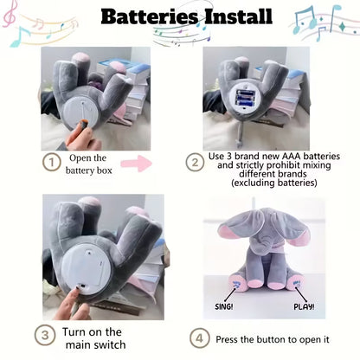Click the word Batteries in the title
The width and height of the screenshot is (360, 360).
tap(150, 16)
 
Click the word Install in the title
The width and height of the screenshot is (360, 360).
tap(239, 16)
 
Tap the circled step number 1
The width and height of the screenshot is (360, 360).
tap(51, 162)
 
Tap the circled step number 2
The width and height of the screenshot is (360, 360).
tap(195, 162)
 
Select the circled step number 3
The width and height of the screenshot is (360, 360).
tap(45, 335)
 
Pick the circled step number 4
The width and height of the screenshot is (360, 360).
tap(200, 338)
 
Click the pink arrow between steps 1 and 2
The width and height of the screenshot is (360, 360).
tap(137, 164)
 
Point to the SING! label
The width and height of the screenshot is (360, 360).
tap(224, 306)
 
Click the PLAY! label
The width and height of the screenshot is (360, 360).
tap(304, 306)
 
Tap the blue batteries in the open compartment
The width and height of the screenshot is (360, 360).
tap(246, 98)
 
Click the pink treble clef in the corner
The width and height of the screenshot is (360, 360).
tap(10, 15)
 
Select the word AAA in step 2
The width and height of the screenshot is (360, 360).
tap(291, 157)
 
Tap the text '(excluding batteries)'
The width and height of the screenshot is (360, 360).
tap(274, 183)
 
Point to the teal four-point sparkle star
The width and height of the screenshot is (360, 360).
tap(343, 27)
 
